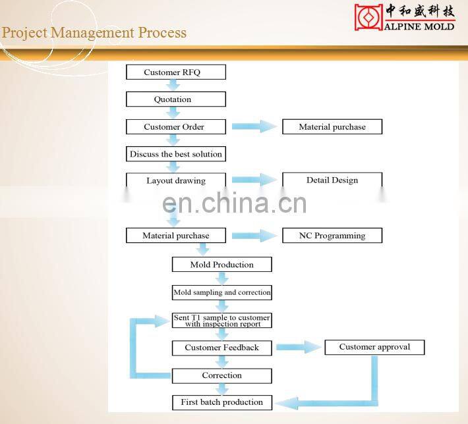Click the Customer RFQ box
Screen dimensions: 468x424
click(175, 72)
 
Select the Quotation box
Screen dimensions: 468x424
click(175, 99)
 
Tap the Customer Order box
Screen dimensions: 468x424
click(175, 127)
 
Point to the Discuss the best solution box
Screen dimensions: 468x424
click(175, 154)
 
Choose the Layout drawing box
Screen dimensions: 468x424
click(175, 180)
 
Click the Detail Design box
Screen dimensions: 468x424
click(332, 180)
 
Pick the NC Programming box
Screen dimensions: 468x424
click(332, 235)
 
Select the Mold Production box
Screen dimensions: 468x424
click(221, 265)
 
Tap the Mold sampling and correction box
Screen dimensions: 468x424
click(221, 292)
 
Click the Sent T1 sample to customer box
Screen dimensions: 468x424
click(221, 321)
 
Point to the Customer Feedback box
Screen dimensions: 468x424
click(221, 348)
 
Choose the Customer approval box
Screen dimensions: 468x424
click(374, 347)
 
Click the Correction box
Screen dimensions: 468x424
click(221, 375)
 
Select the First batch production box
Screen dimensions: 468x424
click(221, 402)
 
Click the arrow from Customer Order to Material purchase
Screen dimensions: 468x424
click(254, 127)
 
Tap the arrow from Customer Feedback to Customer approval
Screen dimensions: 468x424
click(298, 348)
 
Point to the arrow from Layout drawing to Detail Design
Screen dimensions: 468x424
click(254, 180)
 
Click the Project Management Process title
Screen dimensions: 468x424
click(94, 33)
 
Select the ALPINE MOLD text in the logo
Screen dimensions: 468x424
click(419, 26)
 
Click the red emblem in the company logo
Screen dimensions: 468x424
click(368, 17)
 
